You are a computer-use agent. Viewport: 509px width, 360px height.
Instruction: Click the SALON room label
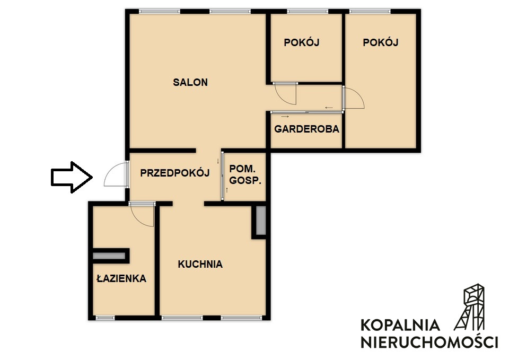190,82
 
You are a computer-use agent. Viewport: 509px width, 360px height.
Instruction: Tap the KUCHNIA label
200,264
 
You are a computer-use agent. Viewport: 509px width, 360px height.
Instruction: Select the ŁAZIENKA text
121,278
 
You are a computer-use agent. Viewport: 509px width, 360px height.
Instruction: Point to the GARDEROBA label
307,129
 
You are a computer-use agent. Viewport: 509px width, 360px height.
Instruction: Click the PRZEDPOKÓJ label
174,173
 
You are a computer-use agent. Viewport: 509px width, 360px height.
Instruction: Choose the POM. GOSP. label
245,174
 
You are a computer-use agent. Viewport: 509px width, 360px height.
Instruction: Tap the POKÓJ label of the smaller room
302,42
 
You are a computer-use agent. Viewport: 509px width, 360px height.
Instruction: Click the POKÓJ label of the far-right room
381,42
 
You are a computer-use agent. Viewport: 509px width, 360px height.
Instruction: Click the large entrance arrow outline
72,177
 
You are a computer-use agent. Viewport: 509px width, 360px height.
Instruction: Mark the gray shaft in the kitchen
261,221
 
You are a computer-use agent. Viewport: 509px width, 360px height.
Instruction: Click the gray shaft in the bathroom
109,256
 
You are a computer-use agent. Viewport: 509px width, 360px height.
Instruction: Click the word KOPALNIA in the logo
400,325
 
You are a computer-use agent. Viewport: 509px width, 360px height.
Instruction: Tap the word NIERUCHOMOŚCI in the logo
429,342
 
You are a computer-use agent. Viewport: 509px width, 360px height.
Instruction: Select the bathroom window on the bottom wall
104,317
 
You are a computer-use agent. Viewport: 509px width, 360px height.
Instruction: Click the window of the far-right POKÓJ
370,11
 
